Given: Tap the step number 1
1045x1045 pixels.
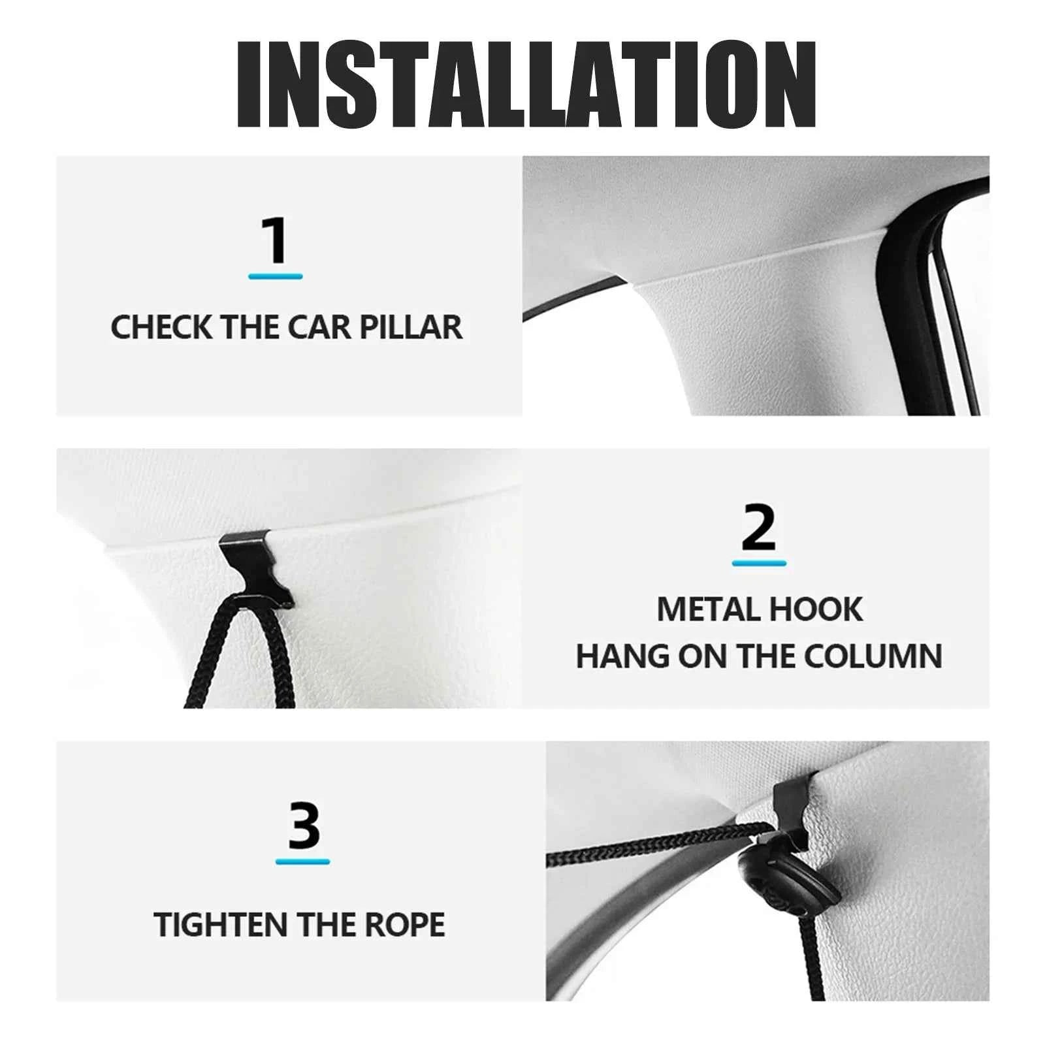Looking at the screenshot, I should tap(275, 240).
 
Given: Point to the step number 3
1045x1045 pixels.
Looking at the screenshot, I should tap(303, 826).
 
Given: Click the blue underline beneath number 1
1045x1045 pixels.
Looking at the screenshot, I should tap(275, 276).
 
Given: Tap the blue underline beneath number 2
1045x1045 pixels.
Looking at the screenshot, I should tap(759, 562).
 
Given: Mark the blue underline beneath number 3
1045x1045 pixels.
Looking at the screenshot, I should tap(302, 861).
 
